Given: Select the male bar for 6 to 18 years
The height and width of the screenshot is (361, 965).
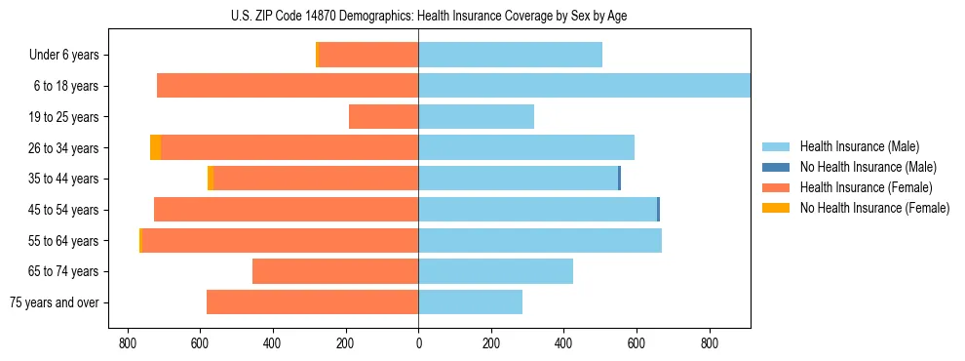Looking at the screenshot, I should coord(584,86).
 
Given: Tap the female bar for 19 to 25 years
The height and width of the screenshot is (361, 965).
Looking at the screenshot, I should coord(383,117).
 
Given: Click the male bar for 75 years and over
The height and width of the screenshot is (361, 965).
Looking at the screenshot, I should coord(470,302).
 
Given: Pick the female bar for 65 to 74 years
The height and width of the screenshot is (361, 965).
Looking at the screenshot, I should coord(335,271).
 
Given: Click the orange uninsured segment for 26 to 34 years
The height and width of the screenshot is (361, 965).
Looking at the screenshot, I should coord(155,147).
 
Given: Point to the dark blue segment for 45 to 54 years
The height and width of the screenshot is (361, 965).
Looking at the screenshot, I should coord(658,210).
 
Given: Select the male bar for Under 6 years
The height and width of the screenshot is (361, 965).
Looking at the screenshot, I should coord(510,55).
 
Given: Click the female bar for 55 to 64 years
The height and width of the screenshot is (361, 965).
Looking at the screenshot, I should coord(281,241).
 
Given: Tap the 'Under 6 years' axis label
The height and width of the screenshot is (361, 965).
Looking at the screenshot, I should coord(64,56).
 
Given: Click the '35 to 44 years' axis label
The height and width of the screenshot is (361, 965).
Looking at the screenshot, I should coord(64,180).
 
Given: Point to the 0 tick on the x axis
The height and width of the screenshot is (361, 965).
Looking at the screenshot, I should coord(418,342).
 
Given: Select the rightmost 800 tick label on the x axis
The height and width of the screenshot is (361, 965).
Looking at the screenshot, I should coord(709,342).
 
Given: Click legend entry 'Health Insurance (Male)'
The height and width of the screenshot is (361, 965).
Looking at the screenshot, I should coord(859,146).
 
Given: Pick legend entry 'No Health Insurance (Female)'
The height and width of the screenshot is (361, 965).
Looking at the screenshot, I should coord(874,208).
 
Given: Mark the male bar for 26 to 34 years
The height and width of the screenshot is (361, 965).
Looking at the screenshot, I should coord(526,147).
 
